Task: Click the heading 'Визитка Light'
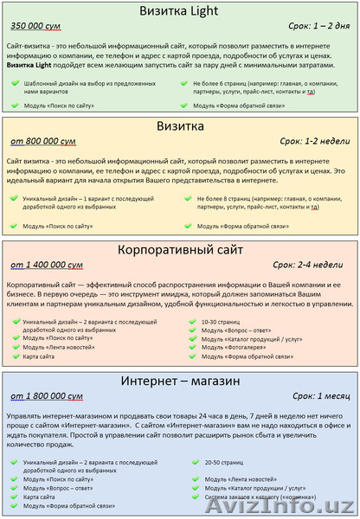(181, 11)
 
